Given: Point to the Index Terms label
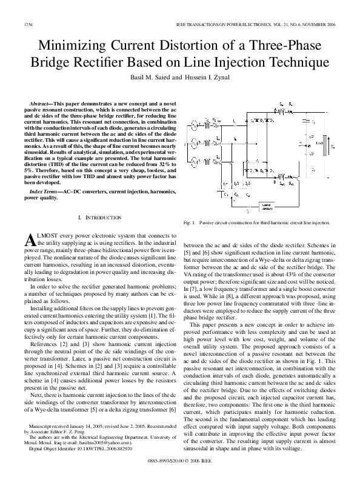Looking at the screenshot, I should (x=47, y=191).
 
